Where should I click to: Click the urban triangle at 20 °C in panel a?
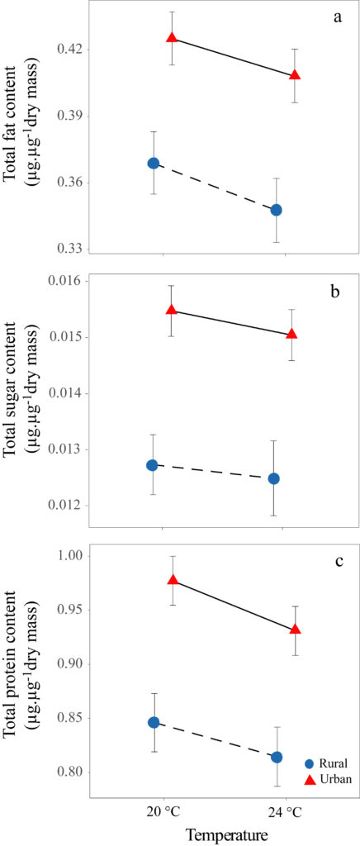click(x=172, y=38)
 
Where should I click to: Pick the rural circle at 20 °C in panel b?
click(x=152, y=465)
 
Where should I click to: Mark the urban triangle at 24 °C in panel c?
click(x=295, y=630)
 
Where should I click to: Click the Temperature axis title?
click(x=225, y=835)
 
